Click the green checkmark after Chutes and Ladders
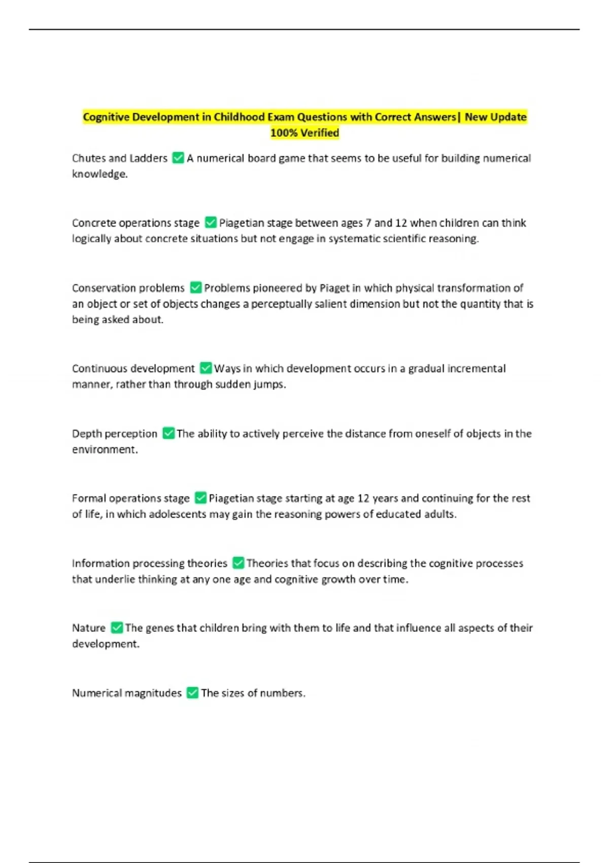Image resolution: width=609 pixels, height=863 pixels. (x=178, y=158)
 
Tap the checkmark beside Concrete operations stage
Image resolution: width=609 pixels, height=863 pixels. (x=211, y=222)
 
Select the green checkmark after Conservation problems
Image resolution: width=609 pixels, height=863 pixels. (x=196, y=288)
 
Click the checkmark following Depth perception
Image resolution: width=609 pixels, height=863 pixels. (x=168, y=433)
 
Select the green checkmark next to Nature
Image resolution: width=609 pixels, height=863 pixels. (x=117, y=627)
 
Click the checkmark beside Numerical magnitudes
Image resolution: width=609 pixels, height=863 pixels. (x=192, y=692)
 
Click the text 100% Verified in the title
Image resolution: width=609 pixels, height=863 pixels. (x=304, y=133)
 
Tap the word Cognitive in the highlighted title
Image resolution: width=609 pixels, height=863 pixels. (x=106, y=117)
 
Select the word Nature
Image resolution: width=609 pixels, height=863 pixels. (x=89, y=628)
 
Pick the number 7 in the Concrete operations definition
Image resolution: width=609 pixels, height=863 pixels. (x=368, y=223)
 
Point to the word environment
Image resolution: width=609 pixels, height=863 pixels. (x=104, y=450)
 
